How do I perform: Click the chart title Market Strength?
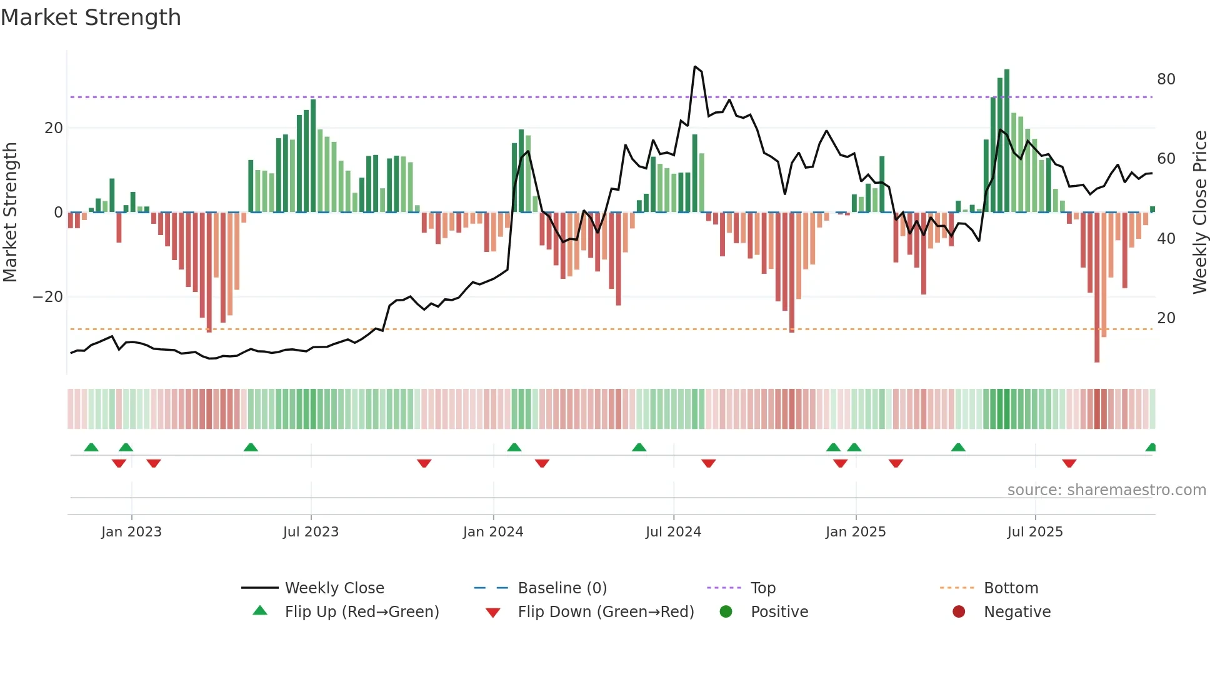(91, 18)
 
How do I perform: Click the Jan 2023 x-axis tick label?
(131, 532)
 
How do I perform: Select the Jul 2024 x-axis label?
(673, 532)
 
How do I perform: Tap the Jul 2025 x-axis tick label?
(1035, 532)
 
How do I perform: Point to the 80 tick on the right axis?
(1166, 79)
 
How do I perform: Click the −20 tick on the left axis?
(48, 297)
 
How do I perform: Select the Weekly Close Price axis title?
(1199, 213)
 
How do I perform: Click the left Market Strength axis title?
(10, 213)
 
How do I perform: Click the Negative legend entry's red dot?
(959, 611)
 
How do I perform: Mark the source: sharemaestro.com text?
(1106, 490)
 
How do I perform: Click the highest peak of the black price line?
(695, 66)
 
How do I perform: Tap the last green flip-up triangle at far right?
(1151, 448)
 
